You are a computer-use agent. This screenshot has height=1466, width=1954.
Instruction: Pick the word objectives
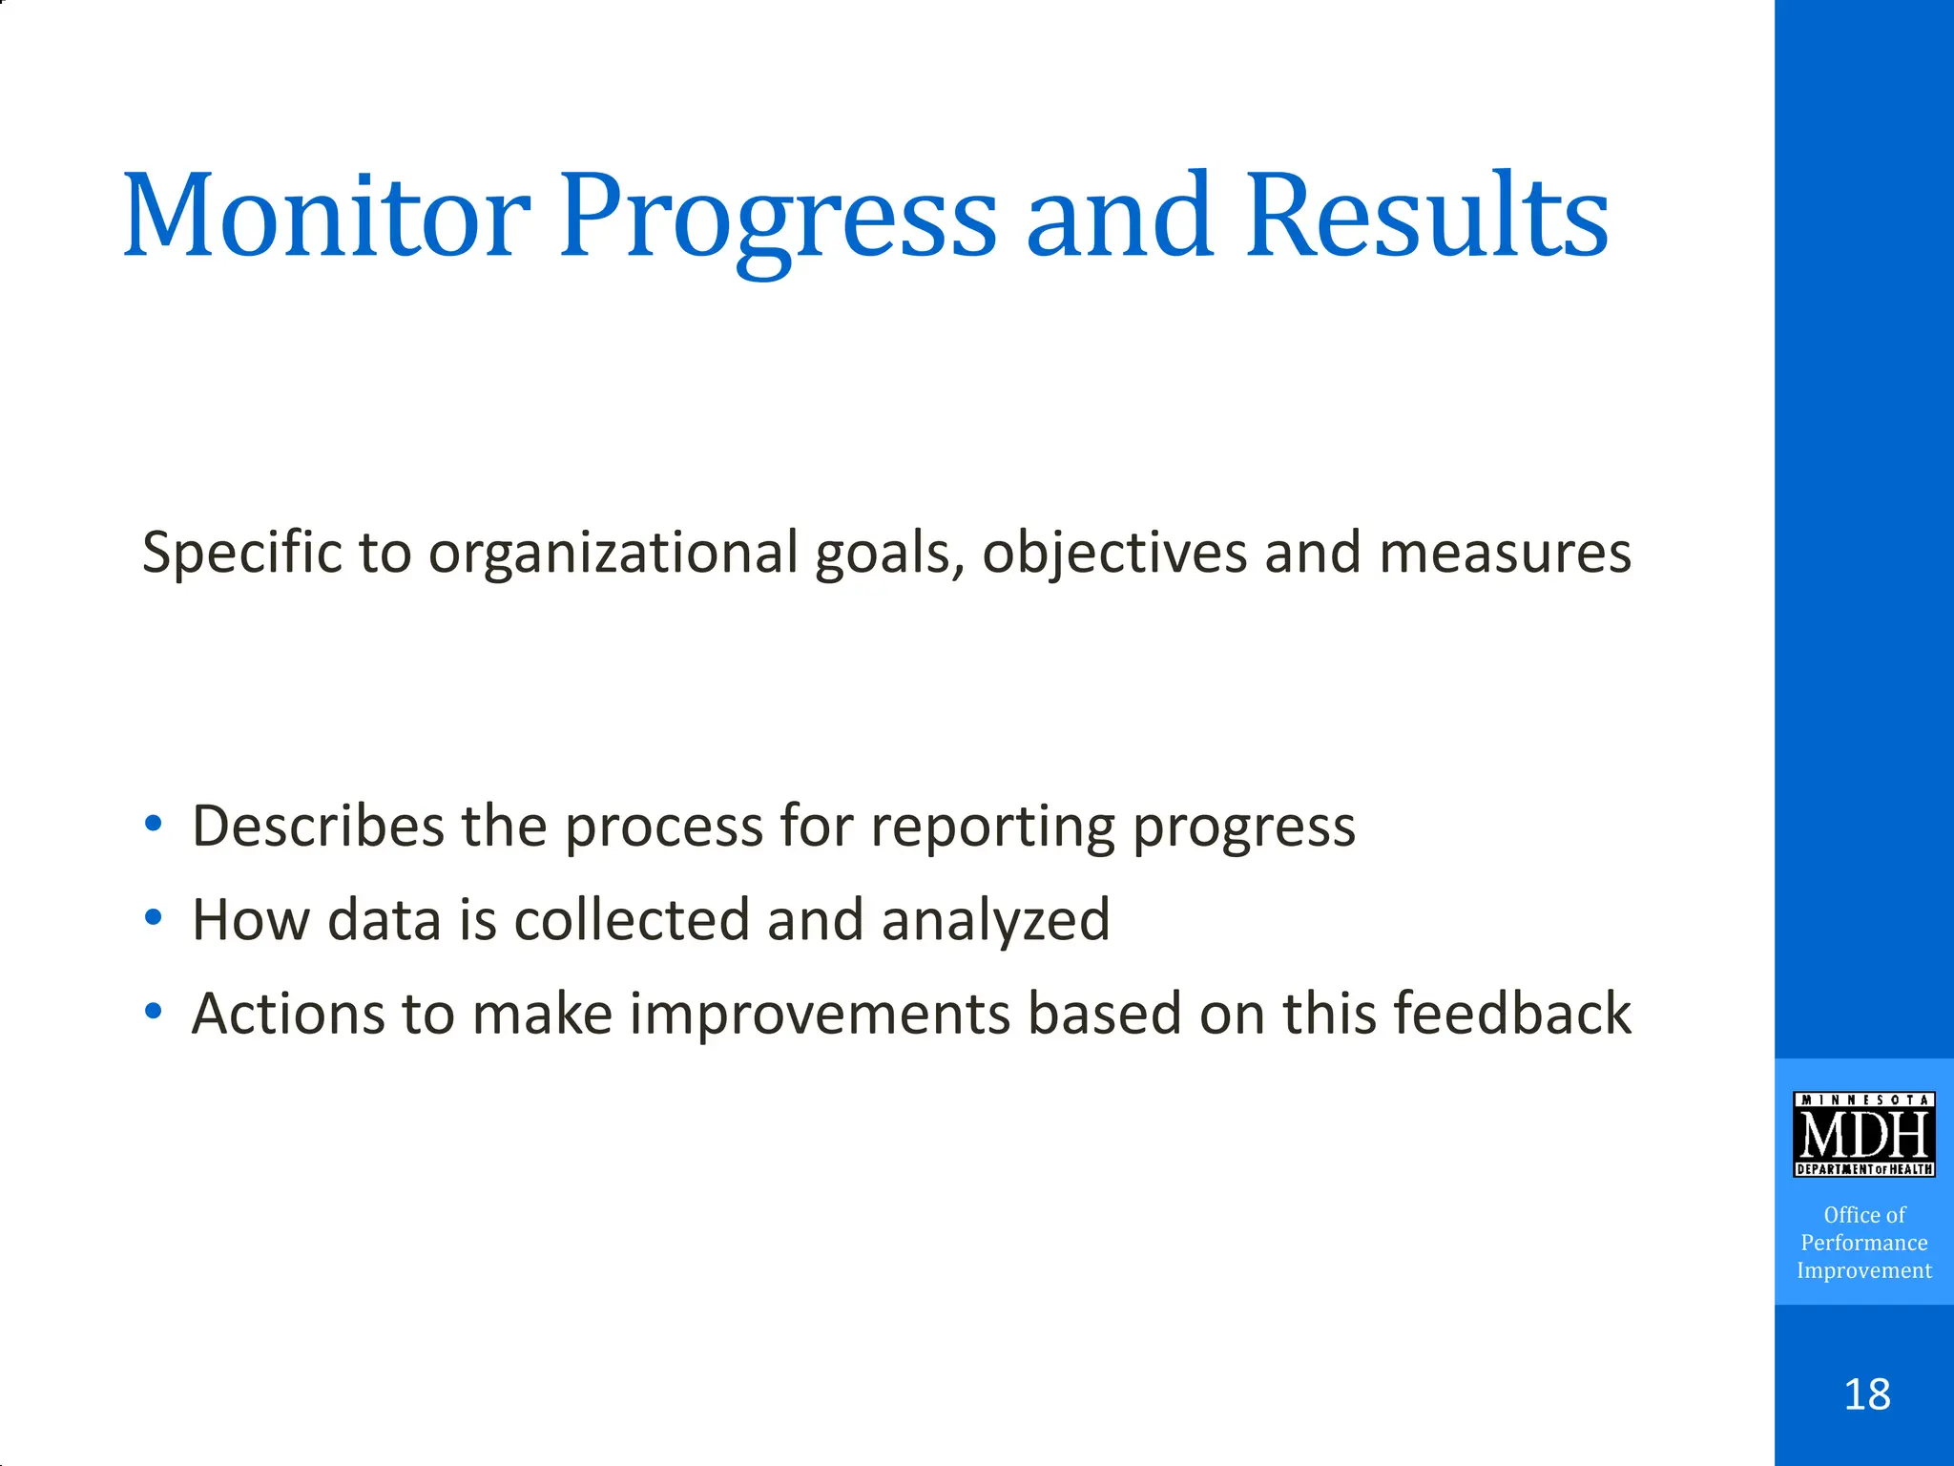(x=1114, y=554)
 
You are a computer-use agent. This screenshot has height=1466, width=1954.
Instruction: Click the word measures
(x=1505, y=554)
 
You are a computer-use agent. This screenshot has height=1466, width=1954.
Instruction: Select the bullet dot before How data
(x=154, y=917)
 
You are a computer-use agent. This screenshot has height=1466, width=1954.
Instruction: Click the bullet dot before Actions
(x=154, y=1011)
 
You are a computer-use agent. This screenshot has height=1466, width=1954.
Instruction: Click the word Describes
(x=318, y=826)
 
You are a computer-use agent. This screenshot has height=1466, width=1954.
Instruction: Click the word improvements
(x=820, y=1015)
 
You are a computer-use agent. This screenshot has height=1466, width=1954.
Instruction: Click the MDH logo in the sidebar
(x=1863, y=1134)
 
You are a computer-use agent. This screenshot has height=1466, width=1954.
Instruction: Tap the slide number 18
(x=1866, y=1394)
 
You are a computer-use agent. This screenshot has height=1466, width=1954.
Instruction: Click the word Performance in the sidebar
(x=1863, y=1243)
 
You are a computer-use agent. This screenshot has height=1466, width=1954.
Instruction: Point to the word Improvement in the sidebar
(x=1863, y=1270)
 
